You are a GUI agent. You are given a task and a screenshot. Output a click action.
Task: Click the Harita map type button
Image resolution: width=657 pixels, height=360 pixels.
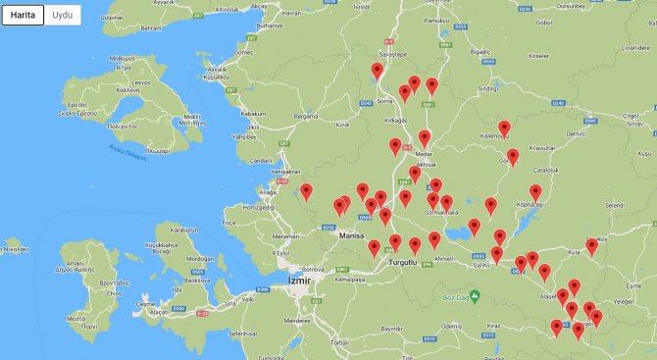[x=23, y=17]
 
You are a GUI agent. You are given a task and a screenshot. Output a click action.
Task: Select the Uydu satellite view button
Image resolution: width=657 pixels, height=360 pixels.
[x=63, y=17]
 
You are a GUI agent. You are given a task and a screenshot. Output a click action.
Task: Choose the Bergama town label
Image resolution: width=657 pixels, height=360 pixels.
[x=308, y=116]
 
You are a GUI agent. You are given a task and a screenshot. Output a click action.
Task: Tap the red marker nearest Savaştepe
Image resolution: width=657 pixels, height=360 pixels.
[x=378, y=71]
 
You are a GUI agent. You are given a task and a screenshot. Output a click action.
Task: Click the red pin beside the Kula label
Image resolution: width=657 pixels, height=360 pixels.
[x=591, y=245]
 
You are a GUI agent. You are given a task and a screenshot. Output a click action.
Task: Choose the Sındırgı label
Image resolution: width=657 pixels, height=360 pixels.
[x=487, y=88]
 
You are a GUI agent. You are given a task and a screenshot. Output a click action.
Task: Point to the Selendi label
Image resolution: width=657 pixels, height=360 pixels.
[x=614, y=205]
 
